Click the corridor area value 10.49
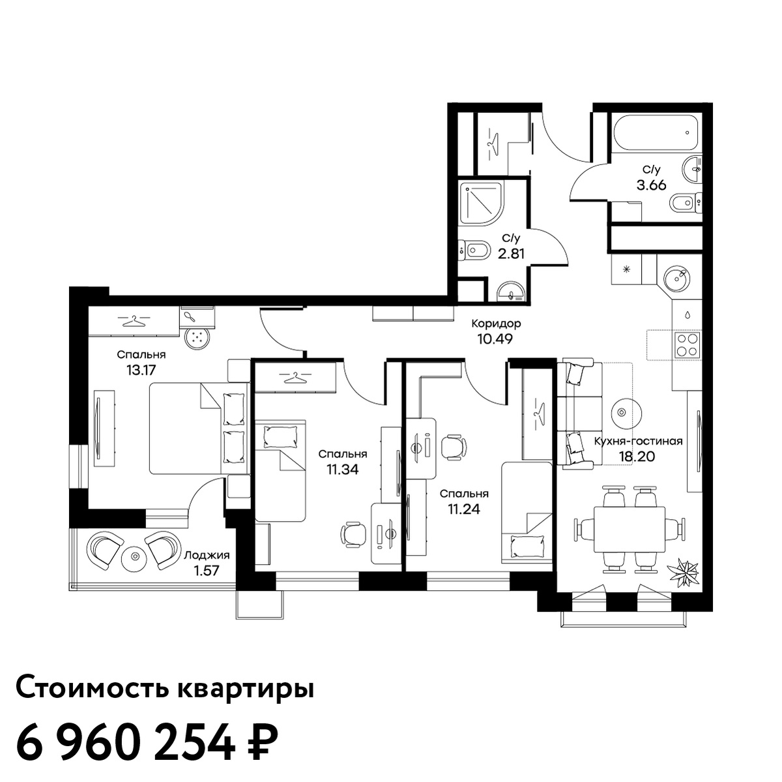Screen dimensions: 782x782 495,338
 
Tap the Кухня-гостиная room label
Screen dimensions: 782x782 639,441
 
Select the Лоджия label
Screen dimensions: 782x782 207,555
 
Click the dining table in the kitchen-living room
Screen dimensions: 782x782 630,530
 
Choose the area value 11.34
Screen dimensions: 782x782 343,470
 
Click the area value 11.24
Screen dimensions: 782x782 464,509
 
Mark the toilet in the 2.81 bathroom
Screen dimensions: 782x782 472,248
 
